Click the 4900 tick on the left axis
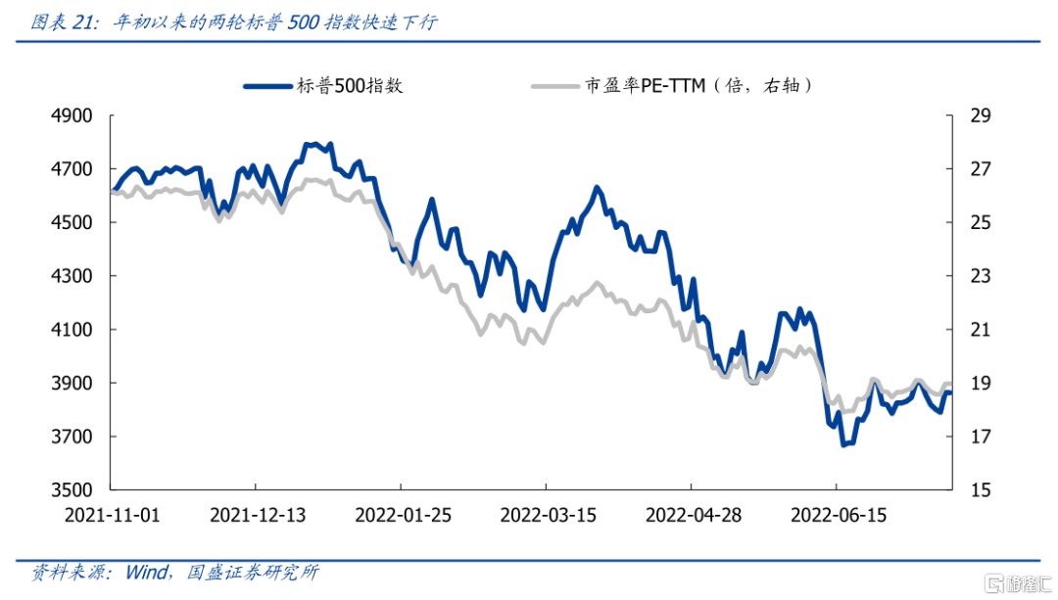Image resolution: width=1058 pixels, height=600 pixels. [x=72, y=116]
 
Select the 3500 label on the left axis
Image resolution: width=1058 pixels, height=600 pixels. [x=72, y=489]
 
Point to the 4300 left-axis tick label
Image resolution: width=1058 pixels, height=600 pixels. [x=72, y=276]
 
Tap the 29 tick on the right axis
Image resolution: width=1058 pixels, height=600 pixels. [x=981, y=116]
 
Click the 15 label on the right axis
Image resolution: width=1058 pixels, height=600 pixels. [x=981, y=489]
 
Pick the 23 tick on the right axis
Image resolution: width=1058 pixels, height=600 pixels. [x=981, y=276]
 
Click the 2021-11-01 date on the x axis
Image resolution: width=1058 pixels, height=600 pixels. [x=111, y=515]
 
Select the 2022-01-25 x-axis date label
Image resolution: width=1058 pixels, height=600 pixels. [x=402, y=515]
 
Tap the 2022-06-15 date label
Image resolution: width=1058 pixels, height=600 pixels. [x=838, y=515]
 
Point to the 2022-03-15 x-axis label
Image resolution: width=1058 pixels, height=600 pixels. [x=547, y=515]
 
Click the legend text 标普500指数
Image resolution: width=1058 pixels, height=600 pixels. [x=350, y=86]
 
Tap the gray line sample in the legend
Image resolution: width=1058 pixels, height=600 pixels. [x=553, y=86]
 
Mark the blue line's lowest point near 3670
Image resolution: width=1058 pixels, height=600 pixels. [x=842, y=443]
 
